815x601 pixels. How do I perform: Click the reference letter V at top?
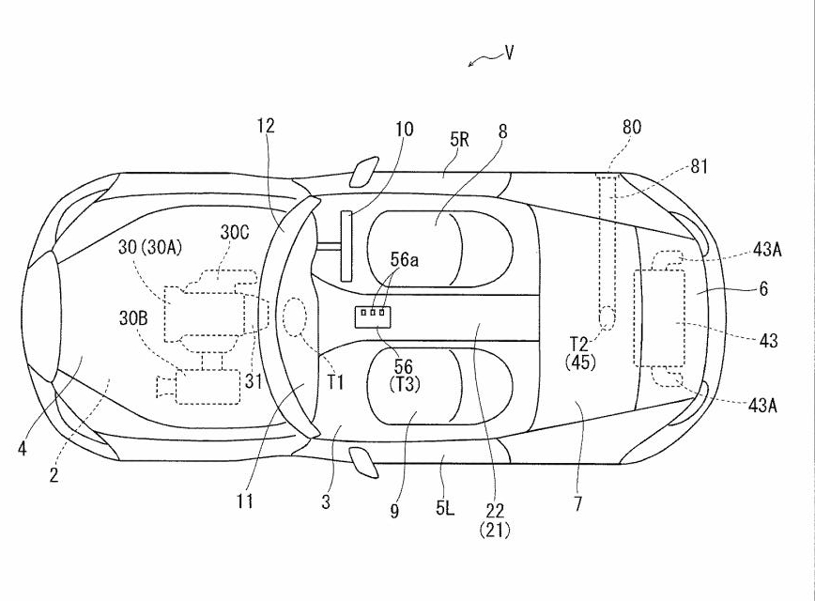click(x=509, y=53)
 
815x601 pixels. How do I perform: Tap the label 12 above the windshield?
click(x=268, y=126)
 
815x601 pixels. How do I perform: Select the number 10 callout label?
click(x=403, y=129)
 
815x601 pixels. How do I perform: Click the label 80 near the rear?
click(x=632, y=127)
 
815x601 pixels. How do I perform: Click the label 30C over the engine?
click(x=235, y=231)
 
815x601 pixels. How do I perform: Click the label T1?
click(x=335, y=381)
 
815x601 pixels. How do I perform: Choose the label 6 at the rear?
click(x=763, y=289)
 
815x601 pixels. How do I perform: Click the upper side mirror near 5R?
click(x=361, y=173)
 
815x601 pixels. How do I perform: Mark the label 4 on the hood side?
click(x=21, y=448)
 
